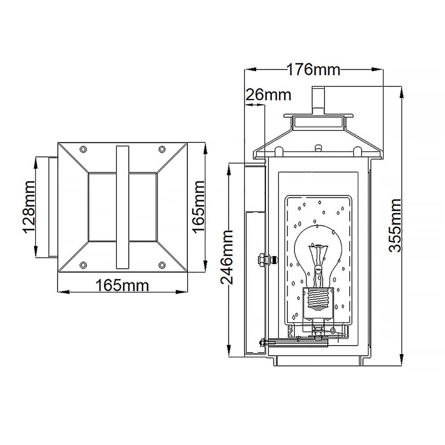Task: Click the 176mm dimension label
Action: pyautogui.click(x=313, y=70)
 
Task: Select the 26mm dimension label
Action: pyautogui.click(x=268, y=95)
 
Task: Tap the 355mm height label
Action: pyautogui.click(x=395, y=225)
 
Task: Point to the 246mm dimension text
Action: pyautogui.click(x=227, y=257)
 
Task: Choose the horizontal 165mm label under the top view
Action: pyautogui.click(x=122, y=286)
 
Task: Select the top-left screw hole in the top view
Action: pyautogui.click(x=83, y=149)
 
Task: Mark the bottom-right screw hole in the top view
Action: pyautogui.click(x=162, y=265)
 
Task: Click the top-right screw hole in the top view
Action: pyautogui.click(x=162, y=149)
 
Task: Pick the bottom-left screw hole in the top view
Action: pyautogui.click(x=83, y=265)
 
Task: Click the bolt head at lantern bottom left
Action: pyautogui.click(x=263, y=342)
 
